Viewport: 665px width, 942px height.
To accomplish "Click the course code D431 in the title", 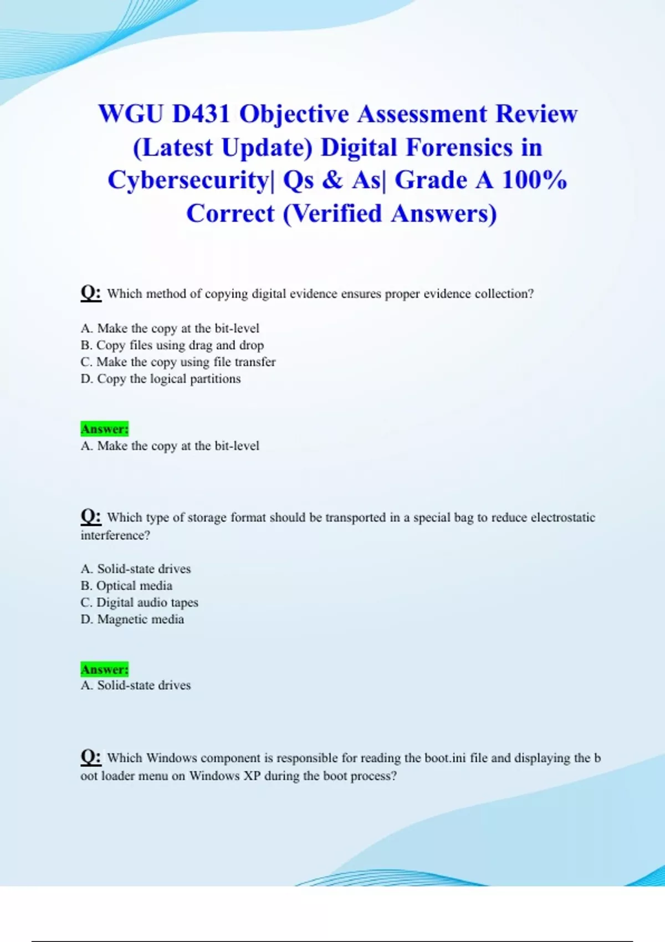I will [x=201, y=114].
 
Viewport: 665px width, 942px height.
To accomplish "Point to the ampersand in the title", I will [x=332, y=180].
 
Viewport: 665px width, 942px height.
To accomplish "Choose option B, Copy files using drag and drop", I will [x=172, y=345].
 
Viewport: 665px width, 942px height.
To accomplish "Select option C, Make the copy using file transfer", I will [x=178, y=362].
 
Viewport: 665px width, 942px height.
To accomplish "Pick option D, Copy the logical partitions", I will [x=161, y=379].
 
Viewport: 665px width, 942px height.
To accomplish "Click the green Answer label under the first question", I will [x=104, y=429].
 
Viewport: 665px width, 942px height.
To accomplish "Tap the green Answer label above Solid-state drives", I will [x=104, y=669].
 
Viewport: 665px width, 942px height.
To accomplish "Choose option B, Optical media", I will [x=126, y=586].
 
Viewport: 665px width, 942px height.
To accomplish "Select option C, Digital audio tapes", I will [x=139, y=602].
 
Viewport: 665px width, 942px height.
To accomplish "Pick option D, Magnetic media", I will [x=132, y=620].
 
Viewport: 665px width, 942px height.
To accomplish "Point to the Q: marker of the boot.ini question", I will [x=91, y=756].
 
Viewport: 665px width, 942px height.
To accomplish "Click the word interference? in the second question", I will [x=115, y=535].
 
